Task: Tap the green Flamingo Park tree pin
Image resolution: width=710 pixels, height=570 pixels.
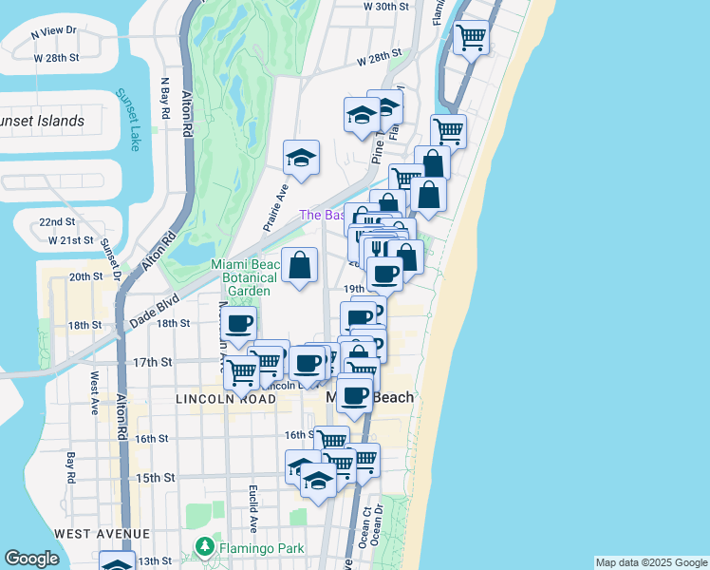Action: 203,548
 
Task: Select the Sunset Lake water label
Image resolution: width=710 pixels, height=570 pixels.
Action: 128,120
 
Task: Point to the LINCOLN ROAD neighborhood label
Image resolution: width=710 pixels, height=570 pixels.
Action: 226,400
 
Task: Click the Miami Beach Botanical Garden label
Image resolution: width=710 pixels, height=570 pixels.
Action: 246,277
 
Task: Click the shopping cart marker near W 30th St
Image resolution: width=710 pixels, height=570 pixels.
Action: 471,39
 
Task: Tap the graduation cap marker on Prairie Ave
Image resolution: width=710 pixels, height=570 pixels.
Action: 301,159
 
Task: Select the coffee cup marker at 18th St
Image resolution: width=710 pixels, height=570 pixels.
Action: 239,324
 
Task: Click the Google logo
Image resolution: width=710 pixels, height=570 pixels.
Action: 31,559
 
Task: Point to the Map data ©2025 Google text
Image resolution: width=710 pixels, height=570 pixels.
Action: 651,562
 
